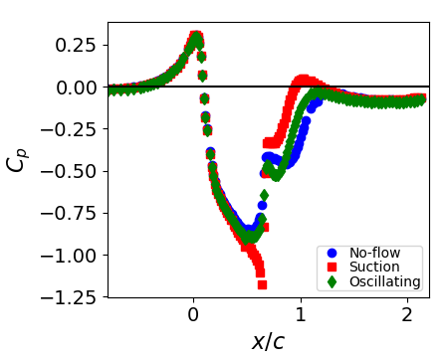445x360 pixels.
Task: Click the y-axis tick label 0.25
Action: coord(77,46)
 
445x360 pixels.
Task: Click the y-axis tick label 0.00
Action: coord(77,88)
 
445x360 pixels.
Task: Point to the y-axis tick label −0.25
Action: coord(72,129)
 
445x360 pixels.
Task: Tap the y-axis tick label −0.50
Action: coord(72,171)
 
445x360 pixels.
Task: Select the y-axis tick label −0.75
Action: coord(72,213)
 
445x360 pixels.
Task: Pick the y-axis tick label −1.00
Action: coord(72,256)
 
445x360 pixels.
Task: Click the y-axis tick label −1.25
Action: coord(72,297)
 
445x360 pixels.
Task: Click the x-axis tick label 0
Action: coord(193,316)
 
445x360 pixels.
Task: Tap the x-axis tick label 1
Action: coord(300,316)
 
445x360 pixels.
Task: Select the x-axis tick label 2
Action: coord(407,316)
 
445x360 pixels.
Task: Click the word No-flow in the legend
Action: coord(374,253)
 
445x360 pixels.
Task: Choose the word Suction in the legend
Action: coord(374,267)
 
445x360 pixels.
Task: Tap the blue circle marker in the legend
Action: coord(332,253)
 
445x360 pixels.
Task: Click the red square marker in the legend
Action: coord(332,267)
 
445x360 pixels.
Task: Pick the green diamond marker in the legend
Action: coord(332,281)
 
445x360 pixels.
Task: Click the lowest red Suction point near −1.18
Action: coord(262,284)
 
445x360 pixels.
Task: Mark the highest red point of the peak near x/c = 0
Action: coord(195,35)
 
